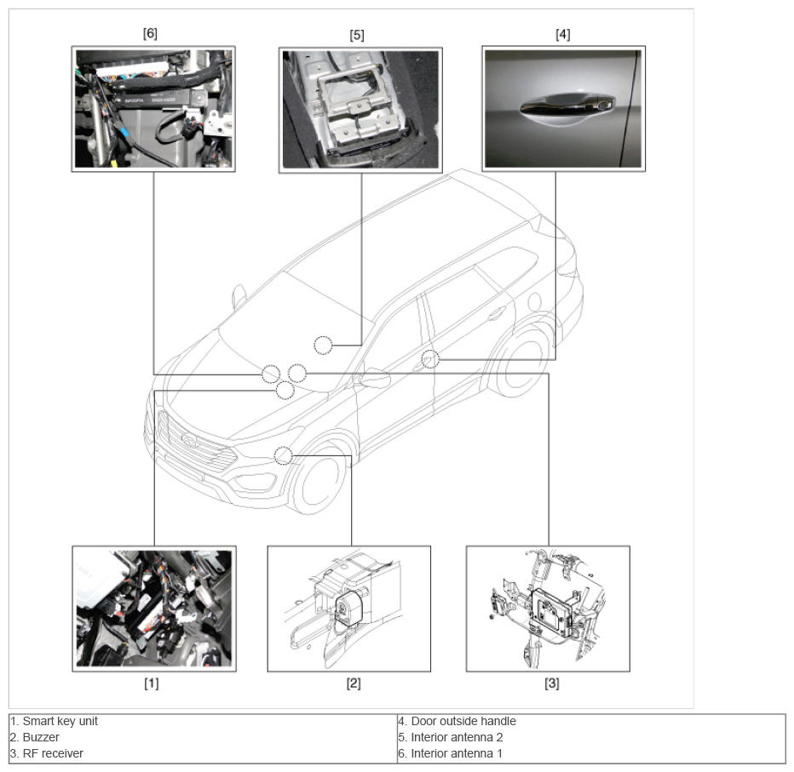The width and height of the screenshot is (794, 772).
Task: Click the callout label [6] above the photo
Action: [151, 33]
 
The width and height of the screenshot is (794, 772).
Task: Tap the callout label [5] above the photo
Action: [357, 35]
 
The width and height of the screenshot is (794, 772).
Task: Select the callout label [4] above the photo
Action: [563, 34]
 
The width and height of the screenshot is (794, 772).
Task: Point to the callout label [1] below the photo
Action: [152, 683]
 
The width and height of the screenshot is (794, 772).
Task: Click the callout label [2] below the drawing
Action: [354, 683]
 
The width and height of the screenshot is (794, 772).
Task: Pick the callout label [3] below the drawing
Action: [552, 683]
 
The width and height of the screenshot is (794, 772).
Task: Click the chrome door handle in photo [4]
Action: [567, 106]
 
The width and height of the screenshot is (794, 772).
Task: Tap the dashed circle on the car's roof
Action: [323, 346]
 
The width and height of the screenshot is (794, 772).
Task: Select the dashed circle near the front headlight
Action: [284, 455]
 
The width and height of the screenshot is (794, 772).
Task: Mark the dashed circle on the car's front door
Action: [430, 358]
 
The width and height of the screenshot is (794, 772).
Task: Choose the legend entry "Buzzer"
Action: [41, 737]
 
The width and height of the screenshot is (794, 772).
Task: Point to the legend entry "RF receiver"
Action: [53, 753]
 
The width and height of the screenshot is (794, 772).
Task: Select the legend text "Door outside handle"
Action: [463, 721]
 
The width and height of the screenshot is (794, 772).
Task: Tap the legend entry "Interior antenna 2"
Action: [457, 737]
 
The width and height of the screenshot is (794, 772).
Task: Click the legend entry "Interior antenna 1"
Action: [457, 753]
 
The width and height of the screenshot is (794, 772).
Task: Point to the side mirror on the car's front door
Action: [374, 378]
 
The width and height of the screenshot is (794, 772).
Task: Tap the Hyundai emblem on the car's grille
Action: [189, 441]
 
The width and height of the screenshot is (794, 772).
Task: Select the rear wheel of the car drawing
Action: [521, 363]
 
